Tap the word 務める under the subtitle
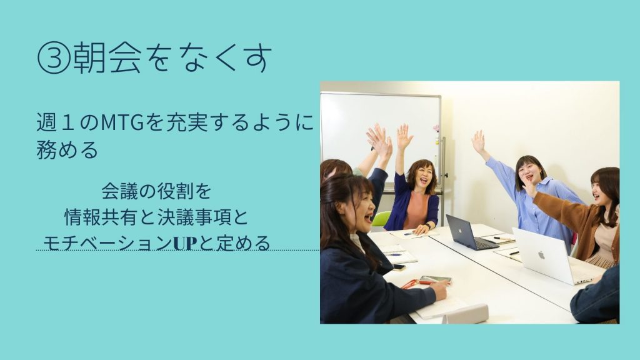point(67,150)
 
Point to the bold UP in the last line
point(185,243)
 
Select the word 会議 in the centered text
point(120,191)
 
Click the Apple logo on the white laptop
point(542,255)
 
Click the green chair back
point(381,219)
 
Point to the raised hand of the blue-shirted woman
point(478,141)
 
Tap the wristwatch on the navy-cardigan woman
point(427,225)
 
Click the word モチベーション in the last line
point(107,243)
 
